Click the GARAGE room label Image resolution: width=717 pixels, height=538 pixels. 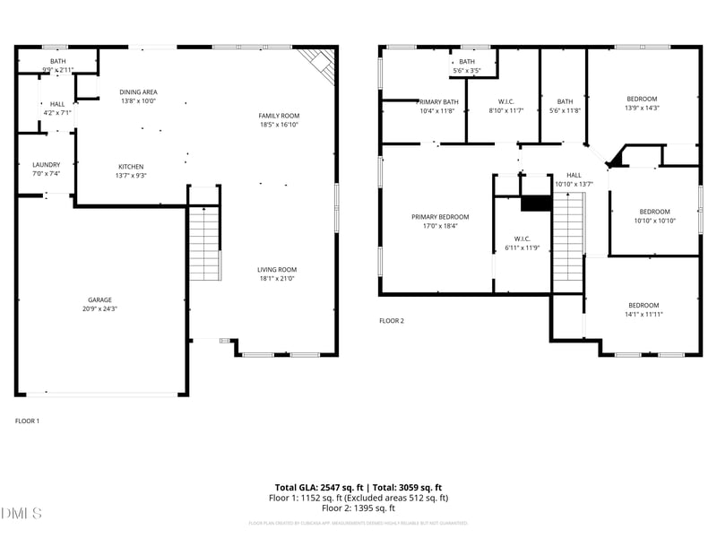point(99,299)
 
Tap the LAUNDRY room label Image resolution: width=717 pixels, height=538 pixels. point(47,165)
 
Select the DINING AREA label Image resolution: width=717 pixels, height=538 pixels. point(138,91)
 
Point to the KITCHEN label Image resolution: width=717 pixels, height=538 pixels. point(131,167)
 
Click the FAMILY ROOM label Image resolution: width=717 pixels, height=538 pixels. point(279,116)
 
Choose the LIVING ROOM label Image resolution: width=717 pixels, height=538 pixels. point(277,270)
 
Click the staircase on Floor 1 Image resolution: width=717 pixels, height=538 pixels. point(204,243)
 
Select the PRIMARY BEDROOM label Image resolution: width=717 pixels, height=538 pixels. point(440,217)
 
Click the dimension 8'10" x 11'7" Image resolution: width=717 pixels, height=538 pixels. point(505,111)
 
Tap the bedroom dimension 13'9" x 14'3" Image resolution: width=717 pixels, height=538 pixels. point(641,108)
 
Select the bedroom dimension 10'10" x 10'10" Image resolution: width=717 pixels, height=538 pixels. point(653,221)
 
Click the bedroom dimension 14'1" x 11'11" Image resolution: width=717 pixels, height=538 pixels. point(644,315)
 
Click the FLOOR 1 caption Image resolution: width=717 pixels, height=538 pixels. point(28,421)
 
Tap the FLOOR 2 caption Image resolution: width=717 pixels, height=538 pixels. point(392,320)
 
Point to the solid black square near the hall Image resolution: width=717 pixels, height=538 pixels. point(535,204)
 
